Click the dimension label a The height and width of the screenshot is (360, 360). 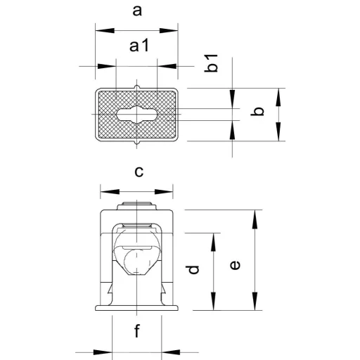(137, 11)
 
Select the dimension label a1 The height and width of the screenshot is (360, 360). (139, 46)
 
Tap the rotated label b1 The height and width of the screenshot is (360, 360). (211, 63)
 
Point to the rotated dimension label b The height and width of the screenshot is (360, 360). (257, 111)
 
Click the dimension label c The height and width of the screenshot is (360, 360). (139, 172)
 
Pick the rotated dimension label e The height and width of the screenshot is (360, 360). (235, 265)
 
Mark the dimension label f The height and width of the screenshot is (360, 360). (137, 330)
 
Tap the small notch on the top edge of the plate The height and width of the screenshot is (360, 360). (137, 87)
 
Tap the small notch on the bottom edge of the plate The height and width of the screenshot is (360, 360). (137, 143)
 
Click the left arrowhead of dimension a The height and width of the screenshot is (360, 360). (105, 31)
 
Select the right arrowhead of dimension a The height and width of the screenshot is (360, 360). (169, 31)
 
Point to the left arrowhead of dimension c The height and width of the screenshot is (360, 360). (110, 192)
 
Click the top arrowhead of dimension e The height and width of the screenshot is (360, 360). (255, 219)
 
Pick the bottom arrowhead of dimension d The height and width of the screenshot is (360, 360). (213, 301)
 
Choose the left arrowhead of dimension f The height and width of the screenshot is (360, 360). (103, 352)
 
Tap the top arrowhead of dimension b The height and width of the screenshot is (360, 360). (278, 98)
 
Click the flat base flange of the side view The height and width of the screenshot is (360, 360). (137, 308)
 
